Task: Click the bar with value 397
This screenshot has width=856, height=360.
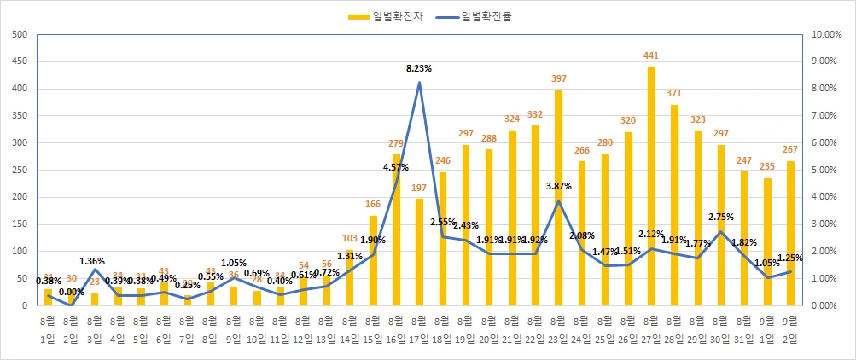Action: click(558, 198)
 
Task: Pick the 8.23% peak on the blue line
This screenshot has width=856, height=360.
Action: click(419, 83)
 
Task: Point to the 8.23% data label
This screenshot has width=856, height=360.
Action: click(419, 67)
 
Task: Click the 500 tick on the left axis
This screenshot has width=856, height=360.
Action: click(19, 35)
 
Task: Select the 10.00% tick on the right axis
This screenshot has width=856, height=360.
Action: click(828, 35)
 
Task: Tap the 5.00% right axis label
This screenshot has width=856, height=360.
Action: click(828, 171)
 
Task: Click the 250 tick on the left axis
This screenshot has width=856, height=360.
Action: click(19, 171)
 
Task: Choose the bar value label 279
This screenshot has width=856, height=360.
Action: click(396, 143)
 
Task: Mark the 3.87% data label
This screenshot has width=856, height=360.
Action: click(558, 185)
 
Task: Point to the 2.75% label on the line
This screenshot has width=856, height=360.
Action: click(721, 218)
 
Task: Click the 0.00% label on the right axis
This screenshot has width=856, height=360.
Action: click(828, 306)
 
